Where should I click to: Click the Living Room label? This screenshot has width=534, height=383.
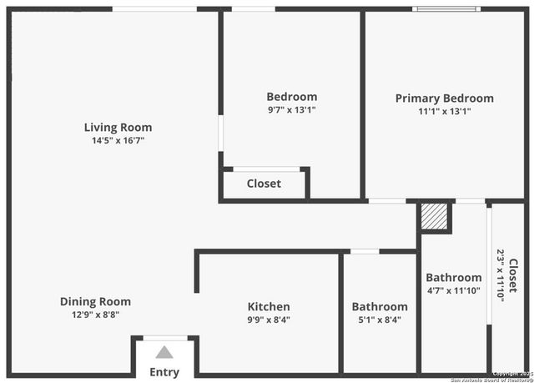[118, 128]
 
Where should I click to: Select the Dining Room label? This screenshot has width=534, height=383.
[95, 301]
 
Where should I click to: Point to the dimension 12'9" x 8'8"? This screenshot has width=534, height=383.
[95, 315]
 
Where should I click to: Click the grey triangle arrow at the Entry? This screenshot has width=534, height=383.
[164, 352]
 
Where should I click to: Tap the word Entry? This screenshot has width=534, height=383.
[164, 372]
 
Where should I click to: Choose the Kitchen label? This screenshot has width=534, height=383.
[269, 306]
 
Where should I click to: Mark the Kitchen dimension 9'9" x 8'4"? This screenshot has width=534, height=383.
[269, 320]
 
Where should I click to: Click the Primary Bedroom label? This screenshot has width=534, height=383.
[444, 98]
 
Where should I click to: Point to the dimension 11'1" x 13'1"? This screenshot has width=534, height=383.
[444, 111]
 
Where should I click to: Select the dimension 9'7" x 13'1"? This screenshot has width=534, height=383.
[291, 109]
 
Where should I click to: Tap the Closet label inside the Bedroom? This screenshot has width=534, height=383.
[264, 184]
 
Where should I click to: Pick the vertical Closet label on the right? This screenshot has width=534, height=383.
[513, 275]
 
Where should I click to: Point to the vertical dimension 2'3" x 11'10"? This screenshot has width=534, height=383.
[501, 275]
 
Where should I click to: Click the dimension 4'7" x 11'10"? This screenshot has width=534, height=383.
[453, 290]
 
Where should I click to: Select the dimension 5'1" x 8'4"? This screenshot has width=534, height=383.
[379, 320]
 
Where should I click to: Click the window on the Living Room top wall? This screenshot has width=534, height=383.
[154, 9]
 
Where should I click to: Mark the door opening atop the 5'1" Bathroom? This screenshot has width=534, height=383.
[365, 251]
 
